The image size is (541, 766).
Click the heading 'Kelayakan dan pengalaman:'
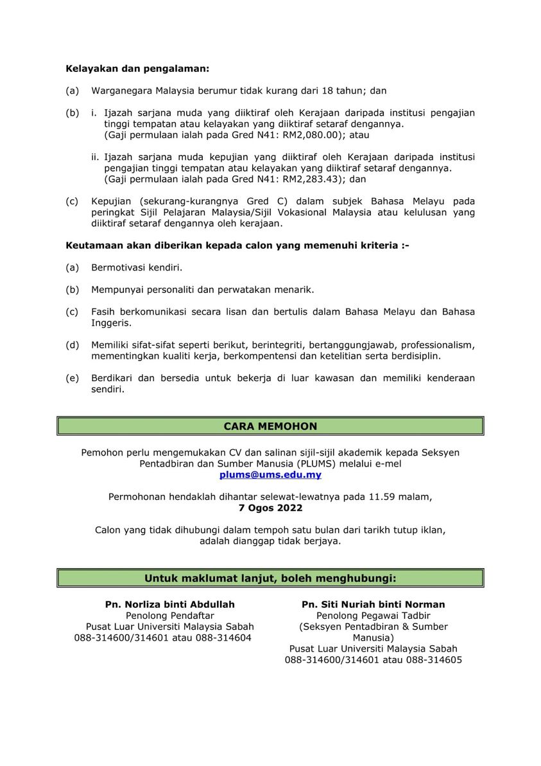coord(137,67)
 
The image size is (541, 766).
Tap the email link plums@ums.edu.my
coord(270,475)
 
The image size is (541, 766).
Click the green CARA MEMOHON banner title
coord(270,426)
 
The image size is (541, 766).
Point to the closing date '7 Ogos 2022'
coord(270,507)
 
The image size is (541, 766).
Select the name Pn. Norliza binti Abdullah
coord(170,604)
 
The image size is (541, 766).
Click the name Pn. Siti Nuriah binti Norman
coord(374,604)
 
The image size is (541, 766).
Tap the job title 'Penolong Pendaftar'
coord(170,616)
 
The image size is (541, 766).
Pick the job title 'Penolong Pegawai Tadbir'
coord(374,616)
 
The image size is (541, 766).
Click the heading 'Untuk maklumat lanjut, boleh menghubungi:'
coord(270,578)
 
